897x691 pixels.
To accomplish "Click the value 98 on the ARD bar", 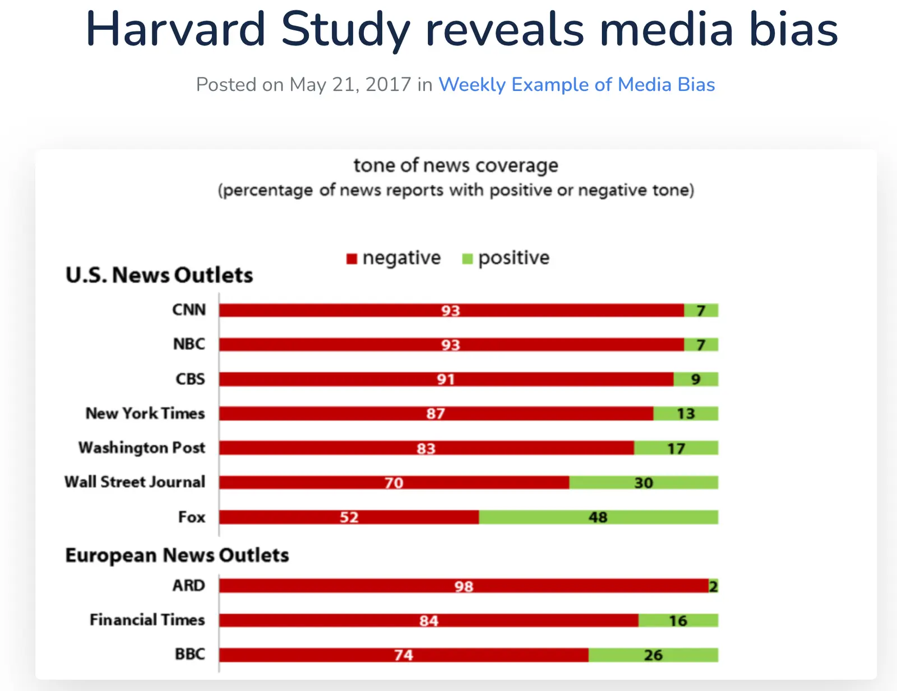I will [x=464, y=587].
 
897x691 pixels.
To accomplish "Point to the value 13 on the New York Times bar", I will [x=686, y=414].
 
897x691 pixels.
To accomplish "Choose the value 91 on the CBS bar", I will [x=446, y=379].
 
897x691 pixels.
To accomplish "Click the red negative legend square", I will [x=352, y=259].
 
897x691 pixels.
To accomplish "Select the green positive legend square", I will [x=467, y=259].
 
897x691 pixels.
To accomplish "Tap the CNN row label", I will [x=189, y=310].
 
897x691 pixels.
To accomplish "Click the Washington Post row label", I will [x=142, y=448].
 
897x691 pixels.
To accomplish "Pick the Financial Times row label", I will [x=147, y=620].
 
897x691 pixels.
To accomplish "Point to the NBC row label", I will [x=189, y=344].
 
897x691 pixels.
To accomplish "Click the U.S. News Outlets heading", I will [x=159, y=275].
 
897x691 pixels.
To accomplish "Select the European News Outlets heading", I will [x=177, y=555].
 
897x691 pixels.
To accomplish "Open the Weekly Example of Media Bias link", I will [x=576, y=85].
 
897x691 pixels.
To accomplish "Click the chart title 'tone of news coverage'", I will [x=456, y=166].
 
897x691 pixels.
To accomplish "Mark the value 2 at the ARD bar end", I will [x=713, y=587].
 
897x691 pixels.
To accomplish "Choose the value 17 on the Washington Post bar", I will [x=676, y=449].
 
